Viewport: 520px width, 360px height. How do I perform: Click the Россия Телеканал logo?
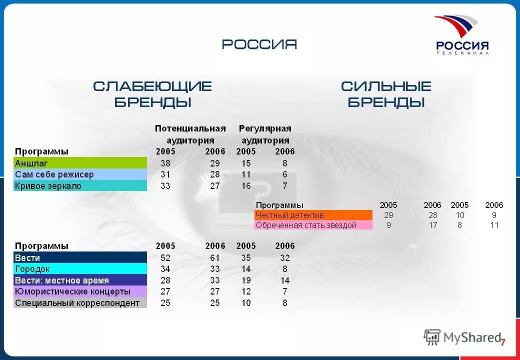point(461,35)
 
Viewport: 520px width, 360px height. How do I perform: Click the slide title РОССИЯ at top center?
point(259,44)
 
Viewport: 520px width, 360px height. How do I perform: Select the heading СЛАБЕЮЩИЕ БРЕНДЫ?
point(152,94)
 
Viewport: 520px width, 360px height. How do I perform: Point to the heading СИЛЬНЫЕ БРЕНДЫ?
point(386,94)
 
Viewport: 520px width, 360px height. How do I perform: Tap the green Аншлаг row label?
point(80,163)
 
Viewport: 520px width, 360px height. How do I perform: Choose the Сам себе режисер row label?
point(80,174)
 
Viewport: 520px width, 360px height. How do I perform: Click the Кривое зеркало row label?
point(80,186)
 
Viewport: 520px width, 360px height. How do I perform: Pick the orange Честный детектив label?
point(313,215)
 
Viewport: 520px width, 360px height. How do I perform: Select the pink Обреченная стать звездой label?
point(313,225)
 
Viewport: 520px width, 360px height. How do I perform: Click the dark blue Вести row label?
point(80,258)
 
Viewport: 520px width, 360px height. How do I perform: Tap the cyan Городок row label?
point(80,269)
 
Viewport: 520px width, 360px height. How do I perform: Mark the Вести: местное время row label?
point(80,280)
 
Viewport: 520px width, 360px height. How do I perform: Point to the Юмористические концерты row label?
point(80,291)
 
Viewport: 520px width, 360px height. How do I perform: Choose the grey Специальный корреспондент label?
point(80,303)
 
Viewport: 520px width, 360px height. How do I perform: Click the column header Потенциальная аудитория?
point(190,134)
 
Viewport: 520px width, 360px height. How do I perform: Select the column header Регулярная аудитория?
point(265,134)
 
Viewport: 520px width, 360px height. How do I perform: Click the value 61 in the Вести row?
point(215,258)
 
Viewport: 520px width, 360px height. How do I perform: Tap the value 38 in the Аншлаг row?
point(165,163)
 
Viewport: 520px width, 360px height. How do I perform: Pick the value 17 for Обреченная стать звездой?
point(432,225)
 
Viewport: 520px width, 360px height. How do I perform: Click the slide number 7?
point(502,342)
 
